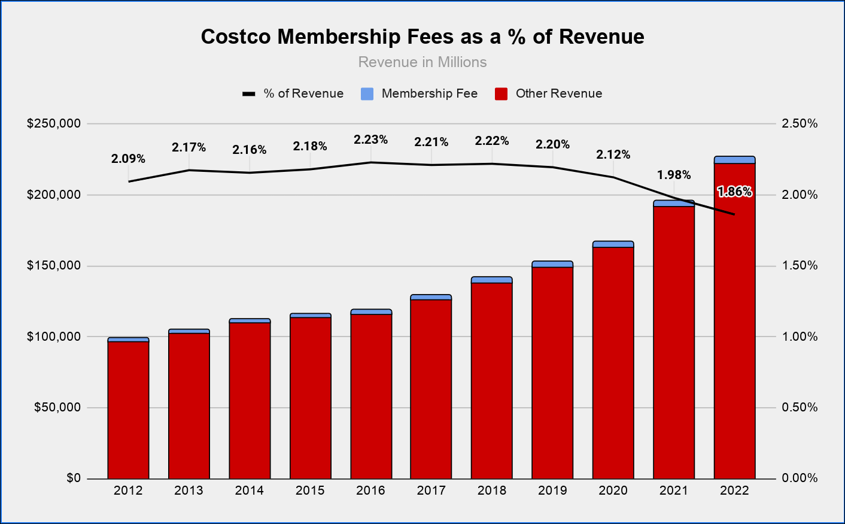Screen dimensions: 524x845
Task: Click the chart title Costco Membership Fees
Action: click(x=423, y=37)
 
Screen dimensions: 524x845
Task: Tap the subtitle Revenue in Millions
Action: click(x=423, y=62)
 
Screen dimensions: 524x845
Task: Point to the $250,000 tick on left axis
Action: click(x=54, y=124)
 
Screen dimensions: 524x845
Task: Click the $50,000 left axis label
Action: click(x=57, y=408)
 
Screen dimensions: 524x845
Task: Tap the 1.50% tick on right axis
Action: click(x=800, y=266)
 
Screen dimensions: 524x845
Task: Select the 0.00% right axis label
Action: click(x=800, y=478)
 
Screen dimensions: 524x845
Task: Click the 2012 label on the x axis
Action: click(x=128, y=491)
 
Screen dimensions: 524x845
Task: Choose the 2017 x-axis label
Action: click(x=431, y=491)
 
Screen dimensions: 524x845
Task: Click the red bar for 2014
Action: click(x=250, y=401)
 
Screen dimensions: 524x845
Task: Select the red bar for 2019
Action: click(x=552, y=371)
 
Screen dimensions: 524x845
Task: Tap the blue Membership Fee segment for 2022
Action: click(x=734, y=160)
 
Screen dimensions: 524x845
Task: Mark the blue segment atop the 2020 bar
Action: click(x=613, y=244)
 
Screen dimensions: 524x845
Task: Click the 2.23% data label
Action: click(x=370, y=140)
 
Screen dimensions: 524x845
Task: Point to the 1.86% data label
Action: click(x=734, y=192)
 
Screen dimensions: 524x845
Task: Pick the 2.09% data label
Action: click(x=128, y=159)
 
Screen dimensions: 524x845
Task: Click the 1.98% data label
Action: click(x=674, y=175)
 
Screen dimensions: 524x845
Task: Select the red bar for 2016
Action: click(x=371, y=395)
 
